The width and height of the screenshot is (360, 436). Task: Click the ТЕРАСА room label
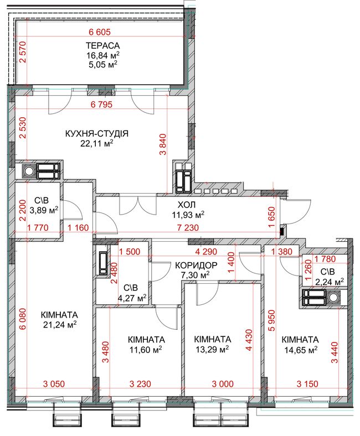pyautogui.click(x=102, y=45)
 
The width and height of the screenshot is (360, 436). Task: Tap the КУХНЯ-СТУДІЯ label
pyautogui.click(x=97, y=133)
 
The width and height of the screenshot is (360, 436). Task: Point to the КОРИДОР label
pyautogui.click(x=196, y=265)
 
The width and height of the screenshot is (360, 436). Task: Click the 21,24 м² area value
pyautogui.click(x=60, y=324)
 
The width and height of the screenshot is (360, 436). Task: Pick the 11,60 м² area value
pyautogui.click(x=146, y=349)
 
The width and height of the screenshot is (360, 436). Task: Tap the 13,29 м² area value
pyautogui.click(x=212, y=349)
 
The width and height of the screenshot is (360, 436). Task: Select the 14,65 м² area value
pyautogui.click(x=301, y=350)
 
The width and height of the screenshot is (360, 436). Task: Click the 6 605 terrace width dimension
pyautogui.click(x=100, y=32)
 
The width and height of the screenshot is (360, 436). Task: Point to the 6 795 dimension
pyautogui.click(x=101, y=104)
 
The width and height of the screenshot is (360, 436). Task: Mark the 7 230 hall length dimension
pyautogui.click(x=188, y=228)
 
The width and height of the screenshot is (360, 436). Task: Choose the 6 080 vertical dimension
pyautogui.click(x=23, y=319)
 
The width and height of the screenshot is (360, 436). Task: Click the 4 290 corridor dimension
pyautogui.click(x=206, y=252)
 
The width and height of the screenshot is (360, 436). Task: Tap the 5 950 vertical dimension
pyautogui.click(x=271, y=320)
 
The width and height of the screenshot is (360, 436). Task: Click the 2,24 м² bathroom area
pyautogui.click(x=330, y=282)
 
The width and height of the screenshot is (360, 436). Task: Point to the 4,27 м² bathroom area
pyautogui.click(x=132, y=298)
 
